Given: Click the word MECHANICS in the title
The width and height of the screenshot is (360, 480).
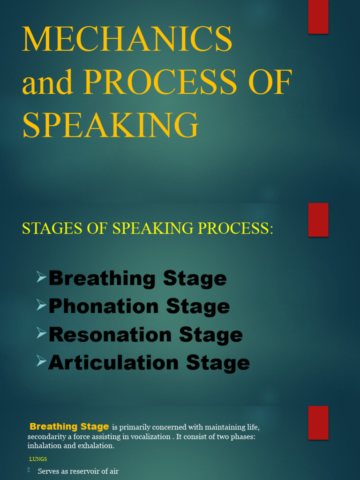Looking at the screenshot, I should tap(127, 39).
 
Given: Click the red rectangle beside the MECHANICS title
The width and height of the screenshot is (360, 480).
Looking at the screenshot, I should tap(318, 17).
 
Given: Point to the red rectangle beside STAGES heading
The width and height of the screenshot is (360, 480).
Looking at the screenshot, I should tap(318, 220).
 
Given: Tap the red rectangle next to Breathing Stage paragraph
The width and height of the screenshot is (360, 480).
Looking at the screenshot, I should tap(318, 422).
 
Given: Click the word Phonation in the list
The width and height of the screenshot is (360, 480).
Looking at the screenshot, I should tap(104, 307).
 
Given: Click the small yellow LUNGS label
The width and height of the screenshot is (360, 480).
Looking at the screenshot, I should tap(38, 459).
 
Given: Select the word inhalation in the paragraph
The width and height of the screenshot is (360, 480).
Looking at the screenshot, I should tap(45, 445).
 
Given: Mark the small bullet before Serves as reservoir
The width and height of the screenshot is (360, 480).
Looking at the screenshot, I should tap(29, 470).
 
